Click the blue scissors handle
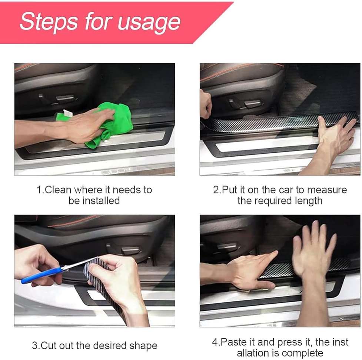tap(39, 276)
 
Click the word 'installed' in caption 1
tap(101, 201)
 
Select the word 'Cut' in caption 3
tap(49, 346)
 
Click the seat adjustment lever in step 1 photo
tap(65, 99)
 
